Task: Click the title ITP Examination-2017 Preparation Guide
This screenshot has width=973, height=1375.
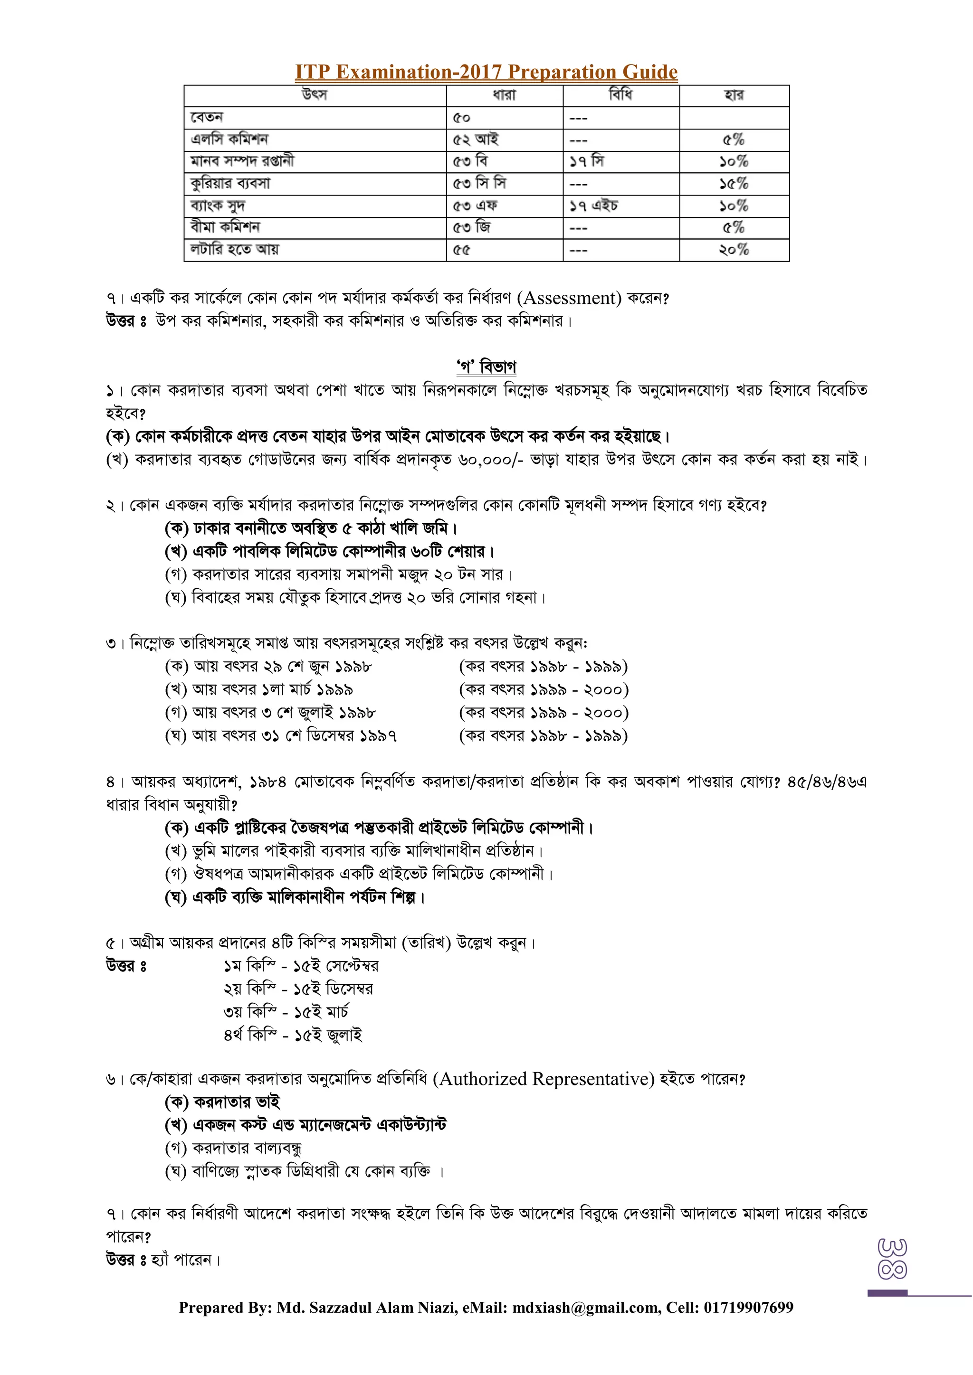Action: [486, 72]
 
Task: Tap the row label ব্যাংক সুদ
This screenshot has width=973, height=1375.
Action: [218, 206]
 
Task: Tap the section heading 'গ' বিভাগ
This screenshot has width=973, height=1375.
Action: [486, 367]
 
